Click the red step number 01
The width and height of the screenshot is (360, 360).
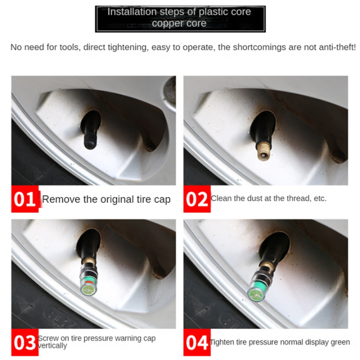24,199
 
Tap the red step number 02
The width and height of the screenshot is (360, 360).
196,199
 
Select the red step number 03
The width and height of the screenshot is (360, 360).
24,342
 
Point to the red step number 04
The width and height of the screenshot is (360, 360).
196,342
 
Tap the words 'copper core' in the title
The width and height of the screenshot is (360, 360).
179,23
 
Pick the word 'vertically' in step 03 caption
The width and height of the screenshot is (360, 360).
52,346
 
